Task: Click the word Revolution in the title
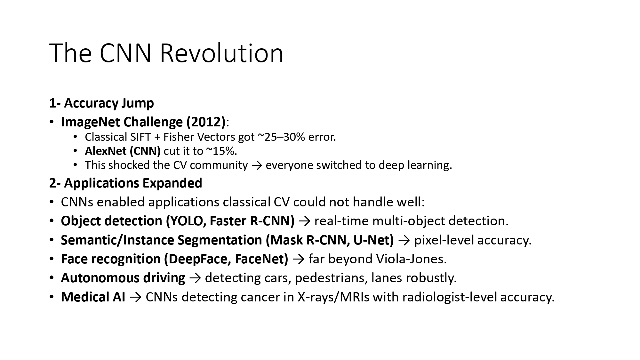pos(221,53)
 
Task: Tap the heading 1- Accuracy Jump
pos(101,103)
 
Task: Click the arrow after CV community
pos(257,165)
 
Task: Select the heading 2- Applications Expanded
pos(125,183)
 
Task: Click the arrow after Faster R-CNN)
pos(304,221)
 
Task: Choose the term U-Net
pos(373,240)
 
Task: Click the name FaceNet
pos(261,259)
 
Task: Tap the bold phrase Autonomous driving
pos(123,278)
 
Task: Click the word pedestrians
pos(331,278)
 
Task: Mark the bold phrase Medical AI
pos(93,297)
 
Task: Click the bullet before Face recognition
pos(52,259)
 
